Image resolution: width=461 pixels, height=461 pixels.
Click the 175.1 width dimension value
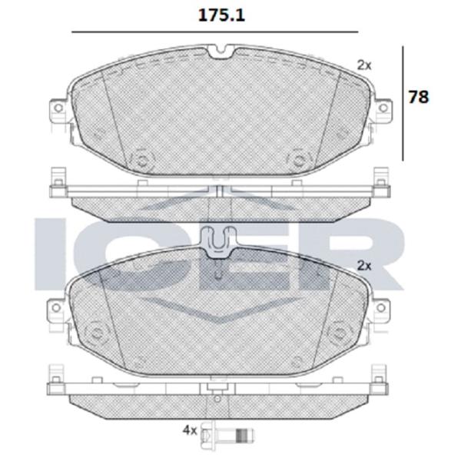click(221, 15)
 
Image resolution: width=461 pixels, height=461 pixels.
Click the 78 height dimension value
click(419, 97)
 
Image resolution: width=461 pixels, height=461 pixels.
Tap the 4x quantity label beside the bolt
click(190, 430)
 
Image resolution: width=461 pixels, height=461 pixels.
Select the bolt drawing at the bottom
click(227, 431)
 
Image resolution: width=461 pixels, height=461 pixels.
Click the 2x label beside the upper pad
click(364, 65)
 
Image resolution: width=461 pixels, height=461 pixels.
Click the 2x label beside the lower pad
click(364, 266)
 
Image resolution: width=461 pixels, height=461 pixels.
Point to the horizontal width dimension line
click(215, 32)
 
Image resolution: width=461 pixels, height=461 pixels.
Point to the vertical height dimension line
click(403, 103)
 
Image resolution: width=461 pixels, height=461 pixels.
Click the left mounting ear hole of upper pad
click(58, 108)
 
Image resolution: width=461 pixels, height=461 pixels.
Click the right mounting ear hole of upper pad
click(383, 108)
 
